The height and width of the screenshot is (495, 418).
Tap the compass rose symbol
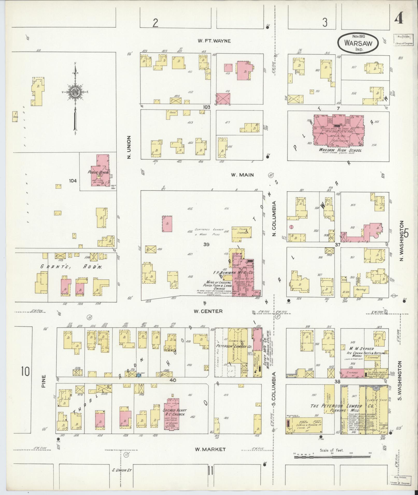click(75, 92)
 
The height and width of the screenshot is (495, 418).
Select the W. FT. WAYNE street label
click(214, 41)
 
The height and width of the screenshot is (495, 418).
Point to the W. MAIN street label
click(242, 175)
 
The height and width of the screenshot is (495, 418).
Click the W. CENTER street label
click(208, 311)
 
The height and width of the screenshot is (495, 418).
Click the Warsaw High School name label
click(340, 150)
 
